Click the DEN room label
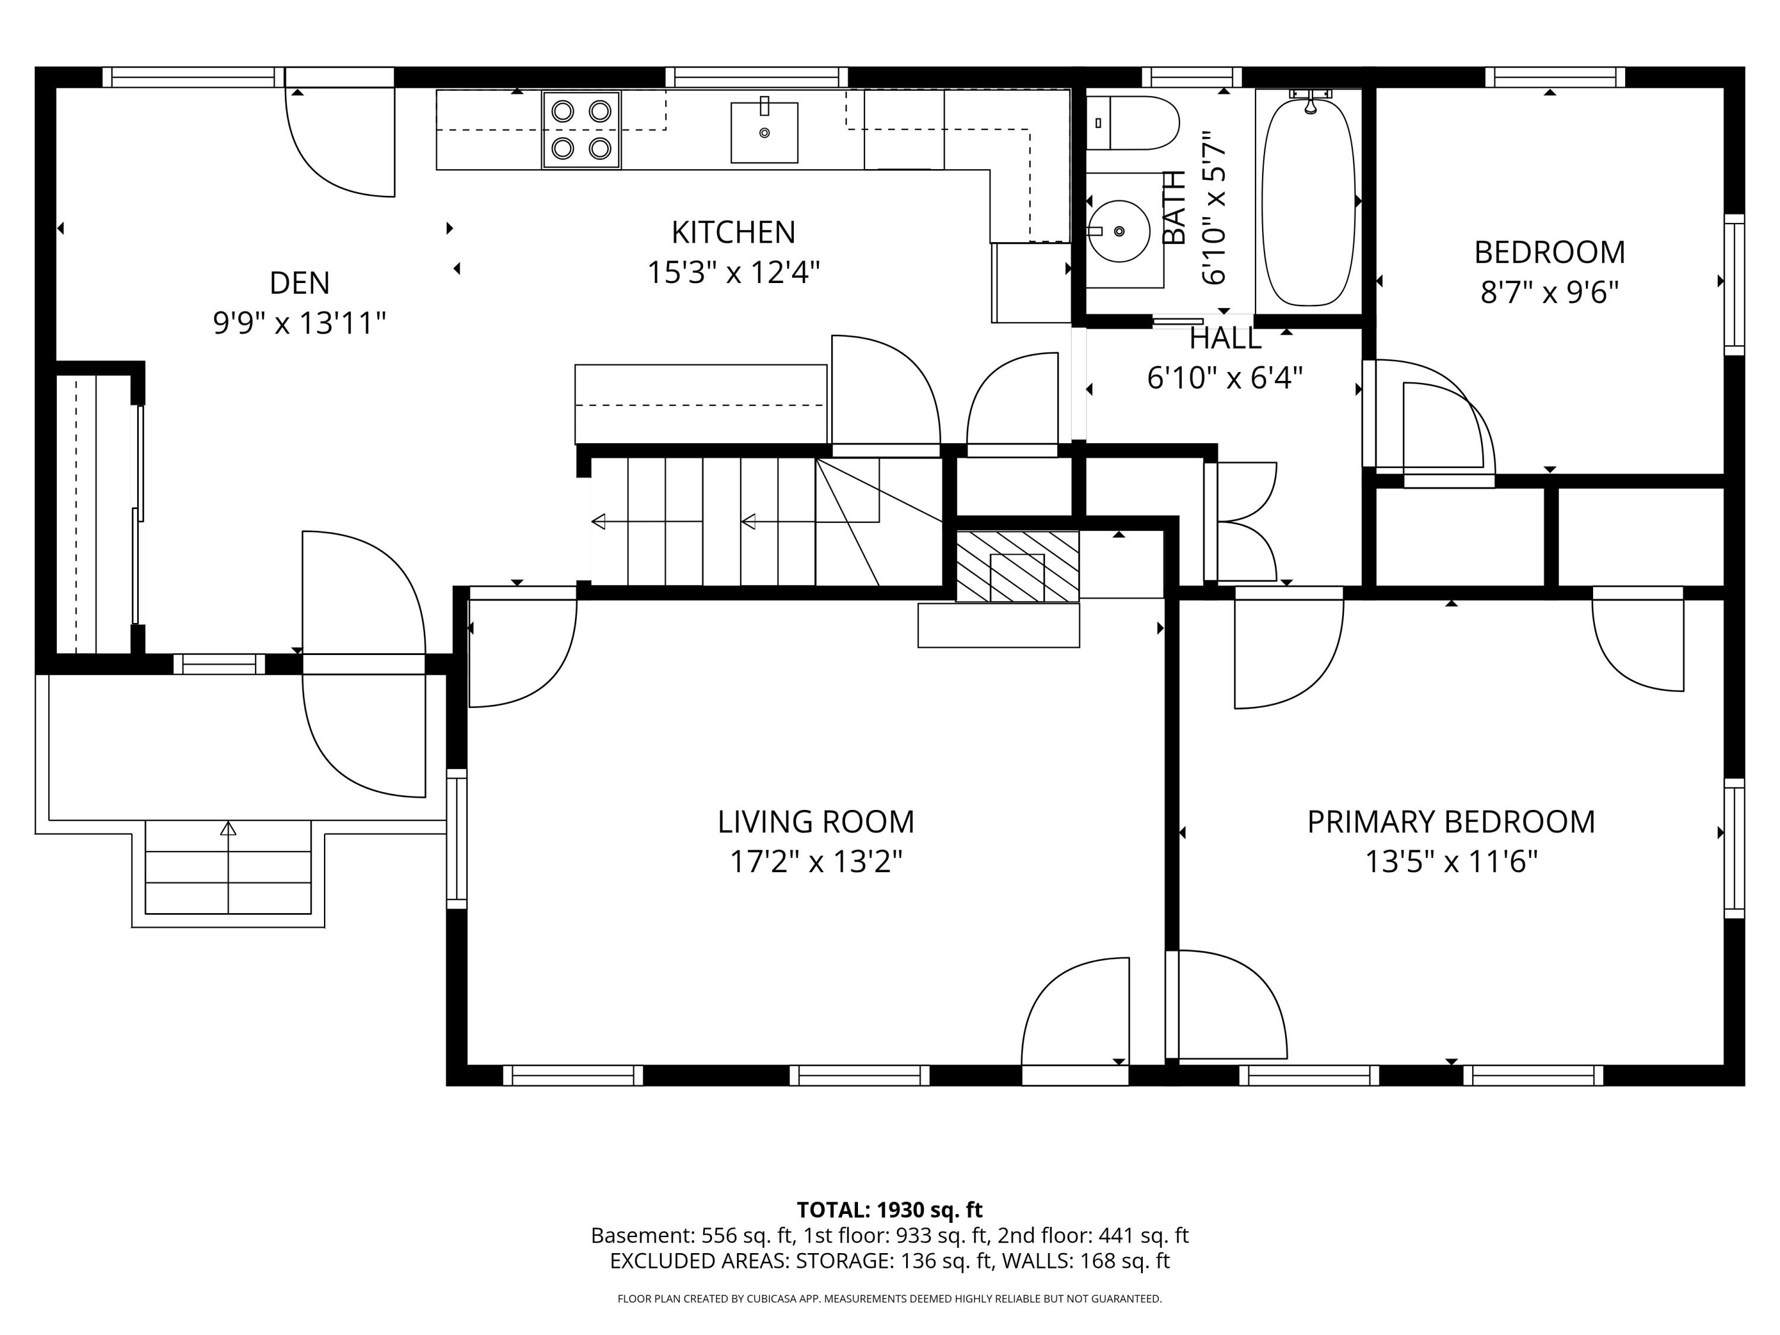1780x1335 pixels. (300, 283)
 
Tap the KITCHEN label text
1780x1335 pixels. (733, 233)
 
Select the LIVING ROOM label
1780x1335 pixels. (816, 822)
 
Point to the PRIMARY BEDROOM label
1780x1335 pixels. (1451, 822)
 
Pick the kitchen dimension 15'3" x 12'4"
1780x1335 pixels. (733, 272)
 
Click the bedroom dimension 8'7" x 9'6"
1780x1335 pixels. (1549, 292)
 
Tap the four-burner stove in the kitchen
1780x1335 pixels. (581, 129)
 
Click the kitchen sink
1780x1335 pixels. (764, 132)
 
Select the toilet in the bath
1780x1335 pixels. (1132, 123)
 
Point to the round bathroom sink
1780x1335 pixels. (1118, 231)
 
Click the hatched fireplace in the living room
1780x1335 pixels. (1017, 565)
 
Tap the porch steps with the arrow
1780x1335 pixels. (228, 867)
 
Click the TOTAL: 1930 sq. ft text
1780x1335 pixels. (889, 1209)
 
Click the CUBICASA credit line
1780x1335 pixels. (889, 1299)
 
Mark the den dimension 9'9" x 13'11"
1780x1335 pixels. (300, 323)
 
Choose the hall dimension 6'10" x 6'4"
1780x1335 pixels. (1225, 377)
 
